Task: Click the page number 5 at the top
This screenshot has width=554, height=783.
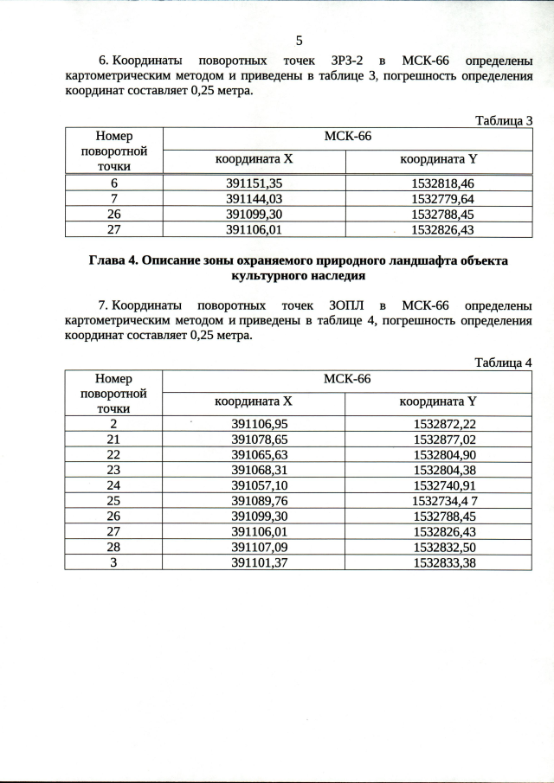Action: tap(299, 41)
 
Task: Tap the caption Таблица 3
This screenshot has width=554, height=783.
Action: tap(504, 120)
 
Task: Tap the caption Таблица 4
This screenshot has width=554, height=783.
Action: tap(504, 363)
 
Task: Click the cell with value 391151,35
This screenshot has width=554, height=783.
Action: tap(254, 184)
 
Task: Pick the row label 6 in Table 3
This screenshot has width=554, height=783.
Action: tap(113, 184)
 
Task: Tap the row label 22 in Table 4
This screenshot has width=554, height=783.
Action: tap(113, 454)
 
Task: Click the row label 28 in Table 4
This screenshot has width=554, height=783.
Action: tap(113, 547)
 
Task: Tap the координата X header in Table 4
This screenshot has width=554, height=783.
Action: tap(254, 401)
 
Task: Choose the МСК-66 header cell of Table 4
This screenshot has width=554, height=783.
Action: tap(347, 378)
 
